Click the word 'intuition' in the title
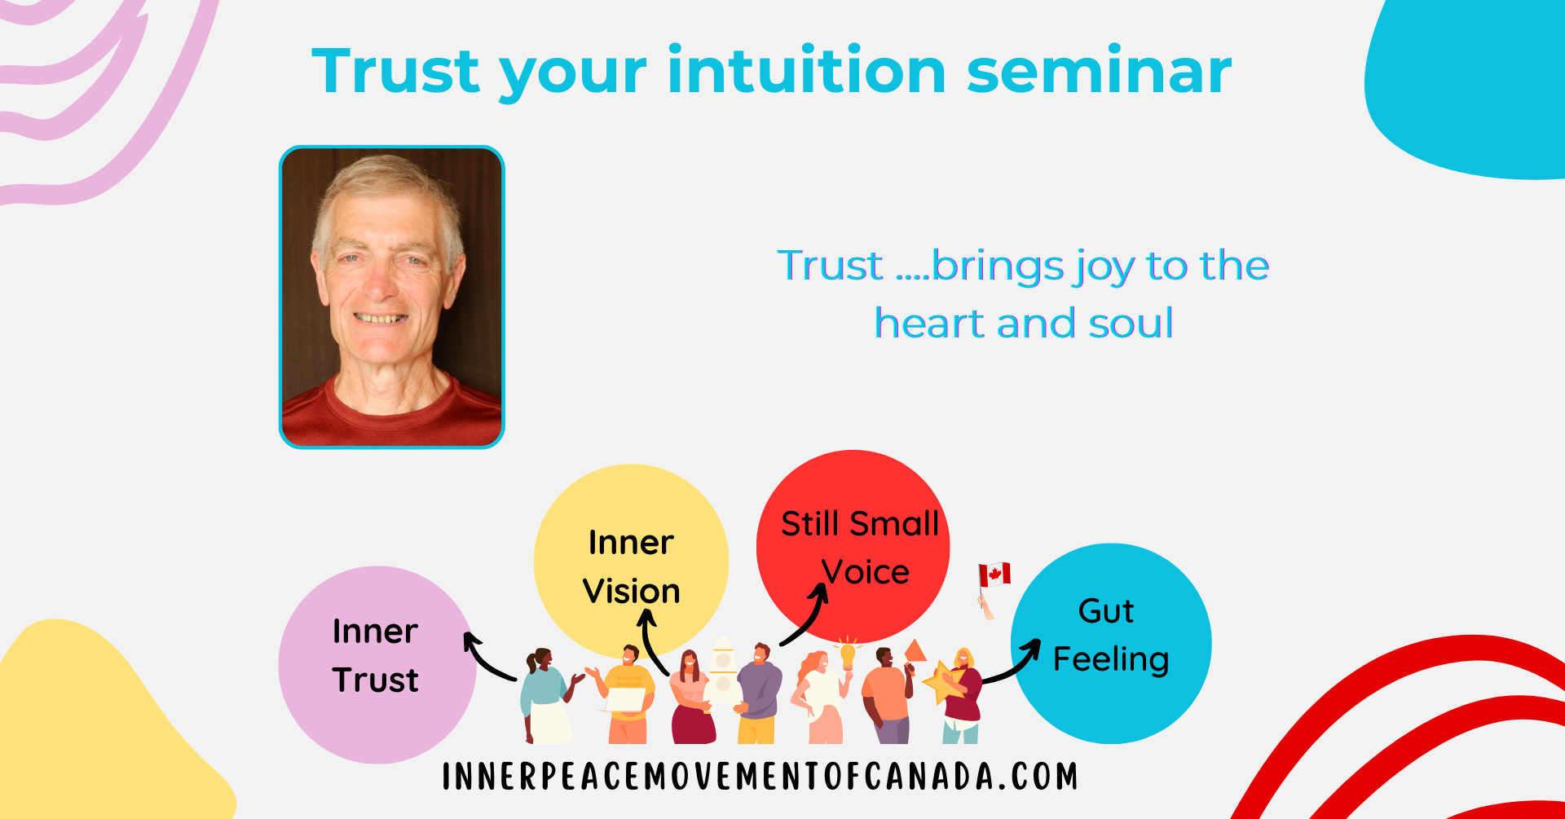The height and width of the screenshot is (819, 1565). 807,71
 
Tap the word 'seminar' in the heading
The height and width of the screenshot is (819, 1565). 1099,71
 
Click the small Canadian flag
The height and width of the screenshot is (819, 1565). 994,575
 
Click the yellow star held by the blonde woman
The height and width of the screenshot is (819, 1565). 943,681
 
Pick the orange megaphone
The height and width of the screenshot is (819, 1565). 915,650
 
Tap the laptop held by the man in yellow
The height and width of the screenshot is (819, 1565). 625,699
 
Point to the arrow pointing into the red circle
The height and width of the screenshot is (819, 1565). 805,617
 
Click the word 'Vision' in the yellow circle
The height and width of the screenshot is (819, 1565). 632,591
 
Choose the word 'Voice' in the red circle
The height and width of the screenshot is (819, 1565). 866,571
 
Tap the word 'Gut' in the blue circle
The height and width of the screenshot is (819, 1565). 1106,610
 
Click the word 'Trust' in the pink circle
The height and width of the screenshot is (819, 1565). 376,680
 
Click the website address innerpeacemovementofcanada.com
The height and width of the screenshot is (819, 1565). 760,777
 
